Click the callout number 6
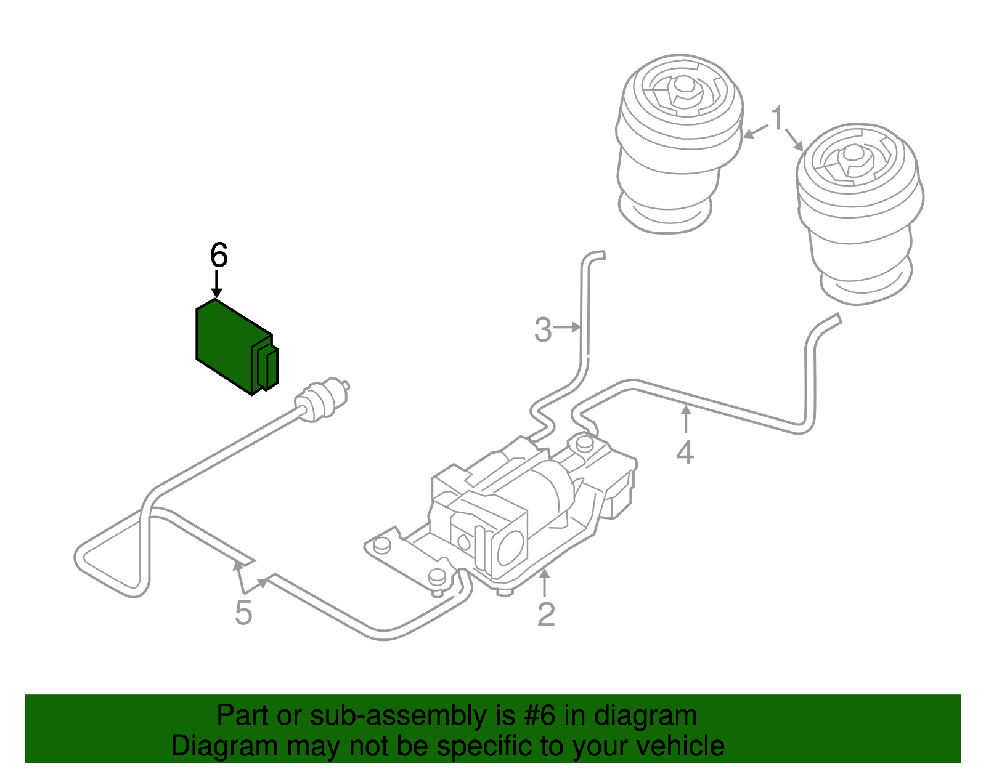(x=219, y=255)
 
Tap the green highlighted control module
(x=228, y=345)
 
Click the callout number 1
(x=778, y=118)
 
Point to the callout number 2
(x=546, y=614)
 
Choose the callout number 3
(x=543, y=329)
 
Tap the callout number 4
(x=685, y=453)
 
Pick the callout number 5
(x=243, y=613)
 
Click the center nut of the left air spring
(x=683, y=90)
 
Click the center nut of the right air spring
(x=854, y=157)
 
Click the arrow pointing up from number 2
(x=545, y=582)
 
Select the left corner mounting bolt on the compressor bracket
(x=382, y=544)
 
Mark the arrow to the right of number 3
(x=568, y=328)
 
